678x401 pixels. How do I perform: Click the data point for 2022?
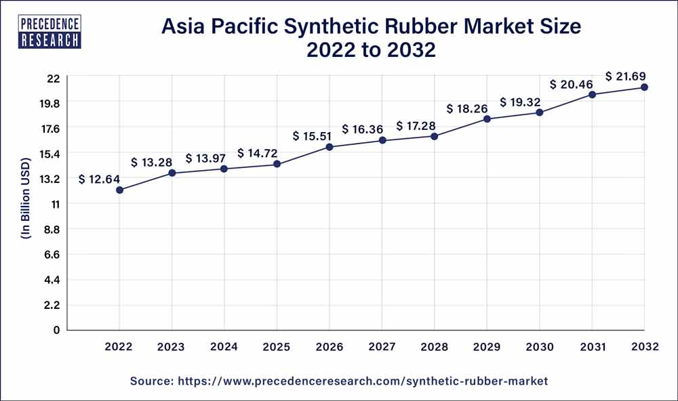[x=119, y=190]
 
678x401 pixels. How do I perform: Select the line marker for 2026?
[x=330, y=147]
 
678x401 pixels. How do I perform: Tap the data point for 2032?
[x=645, y=87]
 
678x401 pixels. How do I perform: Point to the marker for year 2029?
[x=487, y=119]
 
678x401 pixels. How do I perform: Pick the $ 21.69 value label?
[x=626, y=75]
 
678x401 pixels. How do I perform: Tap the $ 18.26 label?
[x=467, y=108]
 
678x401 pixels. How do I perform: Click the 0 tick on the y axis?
[x=57, y=331]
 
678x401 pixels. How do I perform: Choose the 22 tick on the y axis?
[x=54, y=78]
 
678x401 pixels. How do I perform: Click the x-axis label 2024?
[x=224, y=347]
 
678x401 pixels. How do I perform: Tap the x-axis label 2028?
[x=435, y=347]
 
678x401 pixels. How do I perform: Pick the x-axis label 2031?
[x=592, y=347]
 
